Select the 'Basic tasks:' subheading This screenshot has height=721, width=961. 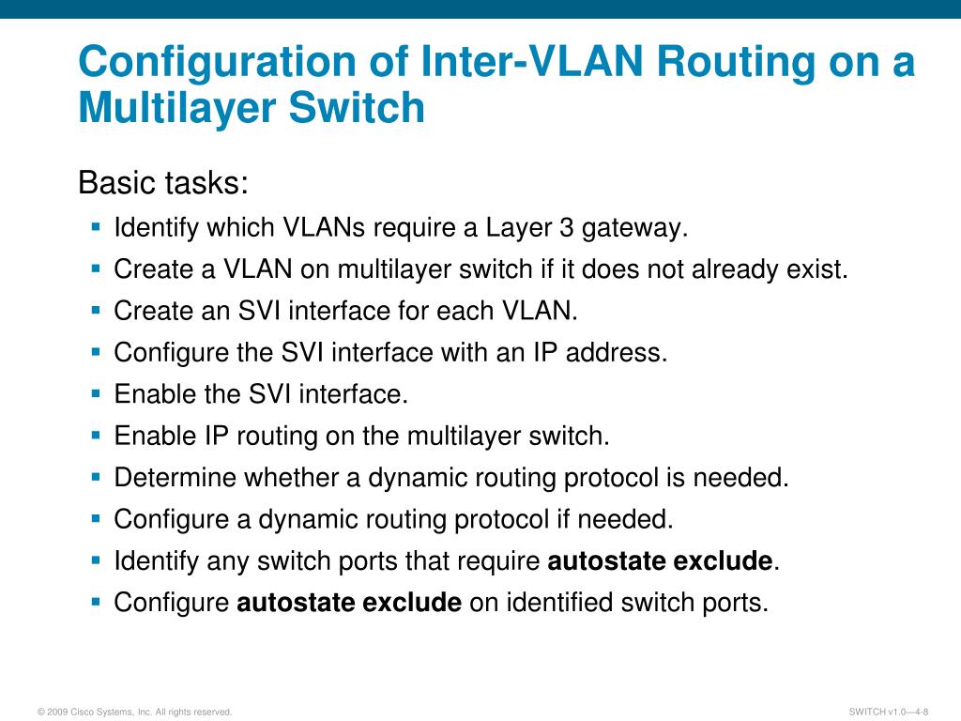163,182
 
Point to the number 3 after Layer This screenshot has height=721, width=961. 563,228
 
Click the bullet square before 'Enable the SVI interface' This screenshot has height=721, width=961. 96,392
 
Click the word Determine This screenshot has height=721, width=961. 175,478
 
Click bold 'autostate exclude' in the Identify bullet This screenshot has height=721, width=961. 659,561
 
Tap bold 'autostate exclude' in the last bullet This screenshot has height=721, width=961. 349,603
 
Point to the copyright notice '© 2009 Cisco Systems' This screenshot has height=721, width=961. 135,713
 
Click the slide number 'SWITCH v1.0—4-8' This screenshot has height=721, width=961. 888,713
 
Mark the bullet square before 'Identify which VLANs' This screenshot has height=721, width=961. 96,227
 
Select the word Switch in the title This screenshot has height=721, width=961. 357,107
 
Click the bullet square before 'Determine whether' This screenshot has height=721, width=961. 96,476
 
